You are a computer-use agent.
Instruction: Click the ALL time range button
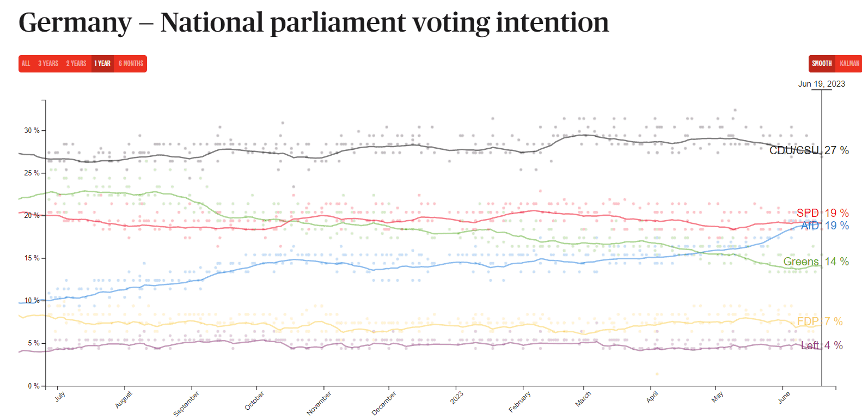pos(26,64)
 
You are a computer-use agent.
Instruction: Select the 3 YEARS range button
pos(48,64)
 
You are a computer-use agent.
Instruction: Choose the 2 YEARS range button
pos(76,64)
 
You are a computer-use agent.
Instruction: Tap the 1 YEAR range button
pos(102,64)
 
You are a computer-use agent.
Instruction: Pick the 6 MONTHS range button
pos(131,64)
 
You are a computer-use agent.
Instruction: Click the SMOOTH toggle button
pos(822,64)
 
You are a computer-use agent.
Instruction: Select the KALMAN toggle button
pos(849,64)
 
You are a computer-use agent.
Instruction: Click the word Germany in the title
pos(75,23)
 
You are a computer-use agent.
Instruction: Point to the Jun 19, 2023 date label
pos(822,84)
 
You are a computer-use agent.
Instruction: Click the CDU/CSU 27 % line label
pos(809,150)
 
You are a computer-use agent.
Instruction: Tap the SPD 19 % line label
pos(822,213)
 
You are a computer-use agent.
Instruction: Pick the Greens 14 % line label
pos(816,262)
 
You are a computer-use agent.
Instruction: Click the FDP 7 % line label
pos(820,321)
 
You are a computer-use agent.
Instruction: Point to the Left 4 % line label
pos(822,345)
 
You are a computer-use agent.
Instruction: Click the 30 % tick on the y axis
pos(32,131)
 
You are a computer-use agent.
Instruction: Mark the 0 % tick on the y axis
pos(34,386)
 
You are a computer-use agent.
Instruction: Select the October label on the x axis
pos(254,401)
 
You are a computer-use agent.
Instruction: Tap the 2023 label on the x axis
pos(457,398)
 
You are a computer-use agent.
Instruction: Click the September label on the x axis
pos(186,404)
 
